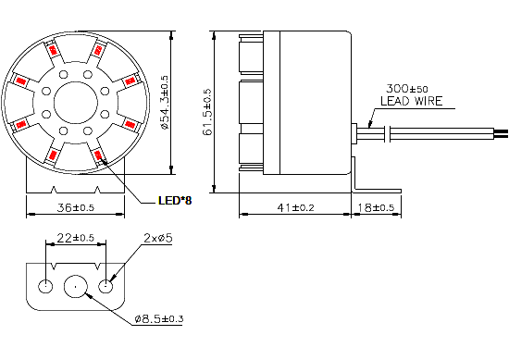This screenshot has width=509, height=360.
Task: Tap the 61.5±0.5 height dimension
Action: [207, 111]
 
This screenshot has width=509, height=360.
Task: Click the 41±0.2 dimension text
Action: [294, 207]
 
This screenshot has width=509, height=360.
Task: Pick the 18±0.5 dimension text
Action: [377, 207]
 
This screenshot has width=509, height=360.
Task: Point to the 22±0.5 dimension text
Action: [76, 239]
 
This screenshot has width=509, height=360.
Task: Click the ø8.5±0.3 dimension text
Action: [159, 320]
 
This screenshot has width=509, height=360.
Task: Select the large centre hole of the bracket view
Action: [76, 284]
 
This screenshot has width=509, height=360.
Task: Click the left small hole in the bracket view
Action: [43, 284]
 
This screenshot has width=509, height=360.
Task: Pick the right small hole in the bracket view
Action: [107, 284]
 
